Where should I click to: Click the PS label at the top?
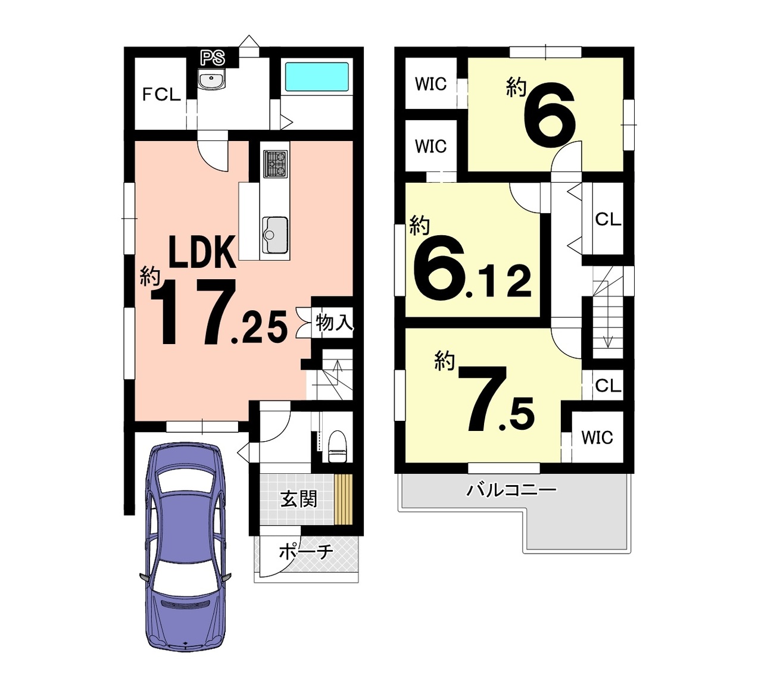(213, 58)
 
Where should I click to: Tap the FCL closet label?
(161, 94)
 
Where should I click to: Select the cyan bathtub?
(317, 77)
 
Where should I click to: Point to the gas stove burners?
(275, 164)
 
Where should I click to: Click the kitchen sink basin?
(275, 235)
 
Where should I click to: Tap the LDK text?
(202, 252)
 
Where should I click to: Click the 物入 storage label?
(334, 323)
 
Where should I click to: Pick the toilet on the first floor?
(338, 446)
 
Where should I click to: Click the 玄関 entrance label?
(299, 499)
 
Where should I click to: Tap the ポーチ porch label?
(306, 552)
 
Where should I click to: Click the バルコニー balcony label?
(511, 490)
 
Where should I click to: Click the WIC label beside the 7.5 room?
(597, 438)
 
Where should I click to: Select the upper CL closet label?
(608, 220)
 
